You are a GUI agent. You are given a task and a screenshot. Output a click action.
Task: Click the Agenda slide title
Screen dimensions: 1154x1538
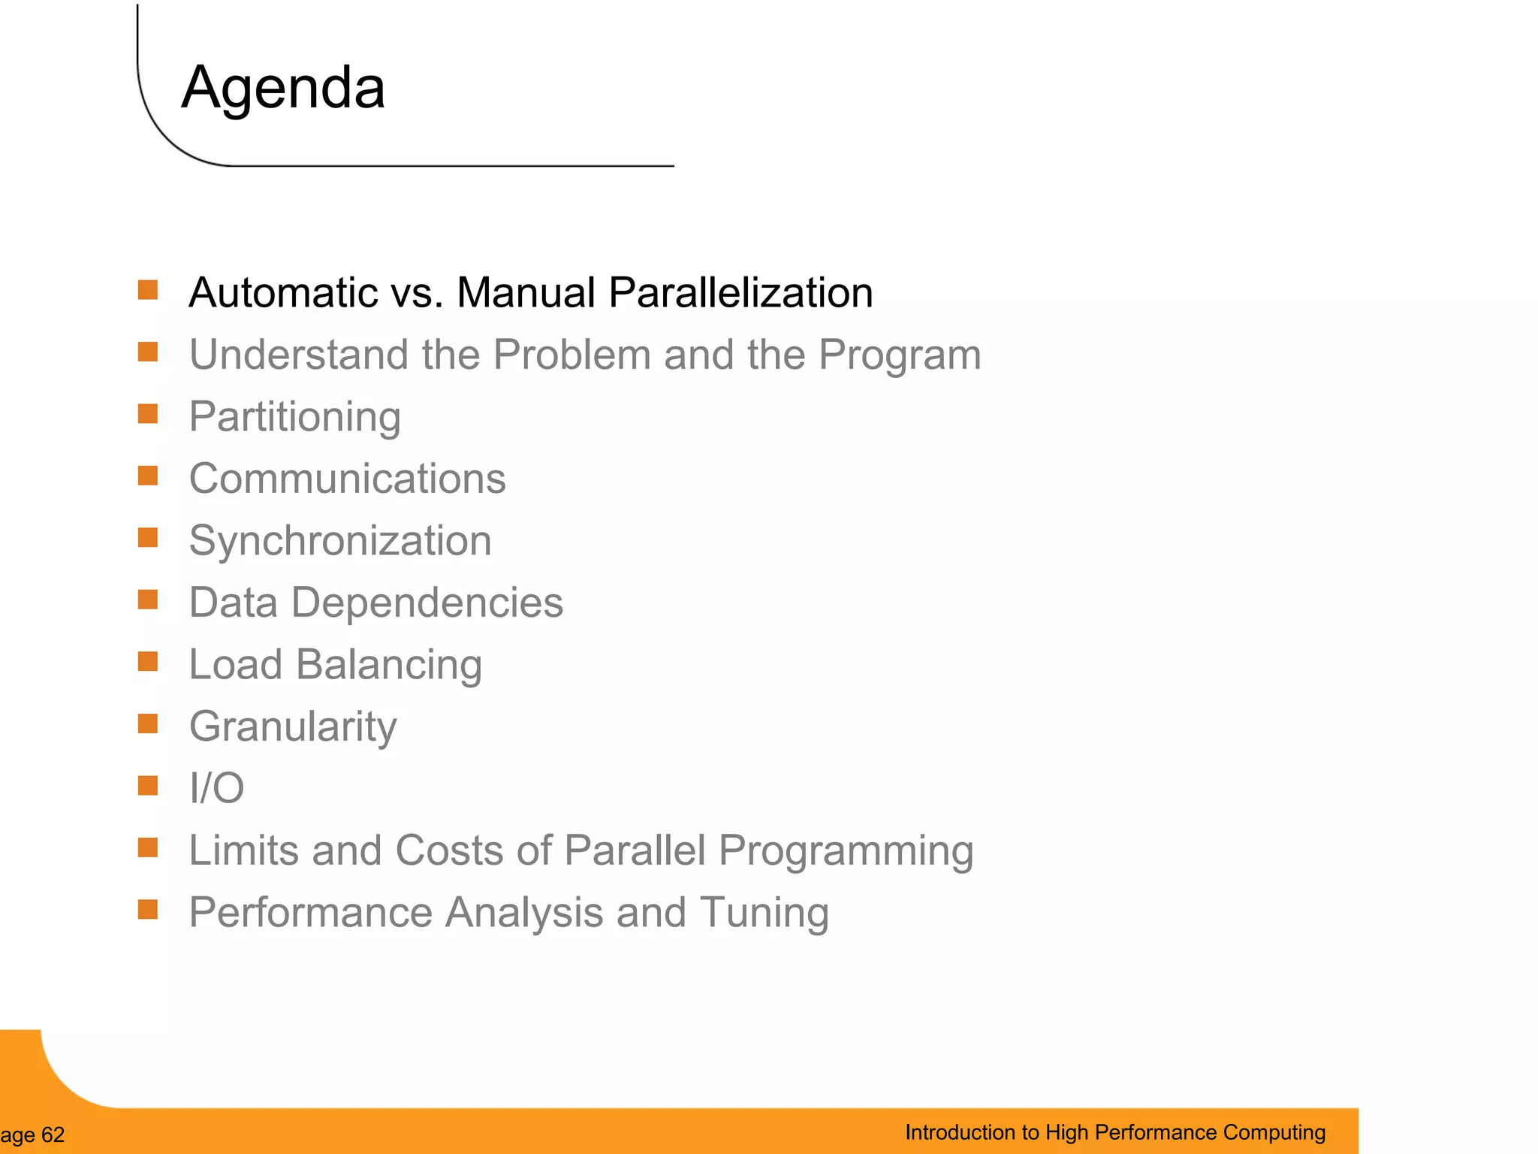click(283, 89)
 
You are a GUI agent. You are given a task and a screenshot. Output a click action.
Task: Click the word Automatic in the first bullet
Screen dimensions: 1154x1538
click(282, 292)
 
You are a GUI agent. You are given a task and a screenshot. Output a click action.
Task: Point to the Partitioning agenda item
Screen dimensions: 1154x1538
click(294, 417)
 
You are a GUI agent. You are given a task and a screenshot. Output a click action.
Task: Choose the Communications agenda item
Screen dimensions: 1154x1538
click(347, 479)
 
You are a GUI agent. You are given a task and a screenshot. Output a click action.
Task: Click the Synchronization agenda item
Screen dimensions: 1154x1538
click(340, 541)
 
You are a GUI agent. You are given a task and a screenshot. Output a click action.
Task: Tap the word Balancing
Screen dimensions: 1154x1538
click(388, 665)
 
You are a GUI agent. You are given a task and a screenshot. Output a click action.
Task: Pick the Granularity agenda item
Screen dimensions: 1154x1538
click(293, 727)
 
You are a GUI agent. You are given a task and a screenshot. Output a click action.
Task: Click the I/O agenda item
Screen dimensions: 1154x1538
click(216, 788)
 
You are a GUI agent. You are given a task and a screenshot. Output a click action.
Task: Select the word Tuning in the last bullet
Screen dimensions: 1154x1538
click(764, 913)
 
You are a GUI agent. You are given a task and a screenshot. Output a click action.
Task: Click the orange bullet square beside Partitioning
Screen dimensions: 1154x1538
click(148, 414)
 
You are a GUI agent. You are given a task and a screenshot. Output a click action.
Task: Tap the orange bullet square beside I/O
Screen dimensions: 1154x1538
click(148, 786)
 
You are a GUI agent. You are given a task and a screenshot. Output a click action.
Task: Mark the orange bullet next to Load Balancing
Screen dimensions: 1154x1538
click(148, 662)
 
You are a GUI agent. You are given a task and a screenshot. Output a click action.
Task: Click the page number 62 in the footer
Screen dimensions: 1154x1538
click(53, 1134)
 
